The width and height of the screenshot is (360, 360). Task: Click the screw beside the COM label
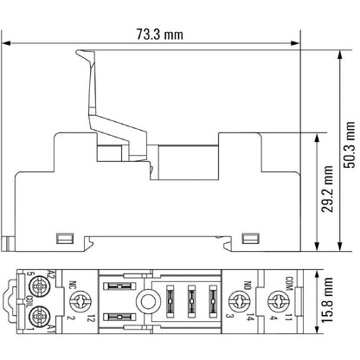click(277, 300)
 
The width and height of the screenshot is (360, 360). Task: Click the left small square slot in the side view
click(61, 238)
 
